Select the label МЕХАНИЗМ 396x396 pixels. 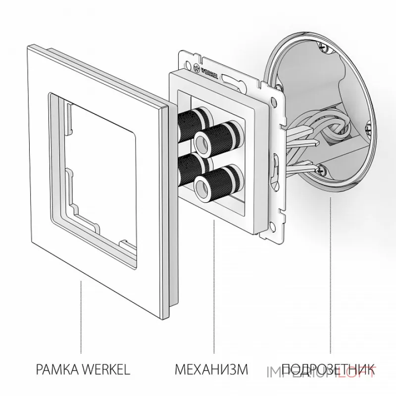(x=210, y=369)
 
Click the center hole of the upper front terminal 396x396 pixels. (x=202, y=140)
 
